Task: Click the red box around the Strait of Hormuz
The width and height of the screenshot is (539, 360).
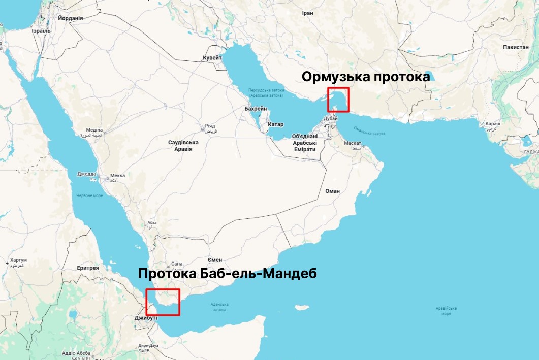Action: [338, 100]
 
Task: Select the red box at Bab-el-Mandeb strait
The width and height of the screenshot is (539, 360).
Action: [163, 302]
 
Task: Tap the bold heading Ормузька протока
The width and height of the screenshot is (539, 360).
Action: [366, 77]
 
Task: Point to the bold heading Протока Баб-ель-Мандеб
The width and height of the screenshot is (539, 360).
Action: [227, 274]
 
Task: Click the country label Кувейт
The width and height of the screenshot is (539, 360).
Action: [212, 58]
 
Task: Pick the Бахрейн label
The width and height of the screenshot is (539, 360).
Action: [255, 109]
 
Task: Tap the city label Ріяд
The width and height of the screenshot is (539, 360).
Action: [209, 126]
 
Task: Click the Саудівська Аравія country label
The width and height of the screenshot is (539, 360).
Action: [183, 146]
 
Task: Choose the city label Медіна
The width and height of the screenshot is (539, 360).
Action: [94, 130]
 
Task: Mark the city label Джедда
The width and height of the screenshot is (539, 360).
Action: [86, 174]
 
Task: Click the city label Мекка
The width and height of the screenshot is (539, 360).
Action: [117, 176]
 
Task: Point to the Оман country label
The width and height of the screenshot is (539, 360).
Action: [332, 191]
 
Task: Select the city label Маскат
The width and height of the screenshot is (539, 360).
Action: [352, 143]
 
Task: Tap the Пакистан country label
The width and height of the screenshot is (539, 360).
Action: [516, 47]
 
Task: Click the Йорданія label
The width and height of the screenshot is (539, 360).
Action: [71, 18]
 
